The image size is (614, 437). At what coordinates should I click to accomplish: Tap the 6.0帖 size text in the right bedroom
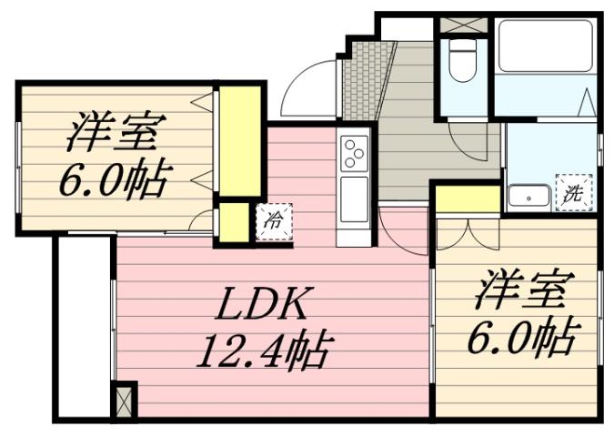[520, 340]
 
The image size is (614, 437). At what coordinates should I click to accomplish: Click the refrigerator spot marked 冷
[271, 218]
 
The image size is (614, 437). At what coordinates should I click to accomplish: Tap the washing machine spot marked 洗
[573, 193]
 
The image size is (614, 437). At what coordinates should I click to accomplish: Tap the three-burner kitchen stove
[355, 151]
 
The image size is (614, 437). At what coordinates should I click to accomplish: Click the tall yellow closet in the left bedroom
[239, 141]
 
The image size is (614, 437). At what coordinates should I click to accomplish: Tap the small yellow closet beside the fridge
[235, 221]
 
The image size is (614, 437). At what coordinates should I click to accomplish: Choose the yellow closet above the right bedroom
[468, 198]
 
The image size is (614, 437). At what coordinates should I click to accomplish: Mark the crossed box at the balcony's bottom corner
[123, 400]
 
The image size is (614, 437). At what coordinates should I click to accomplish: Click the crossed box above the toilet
[464, 25]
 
